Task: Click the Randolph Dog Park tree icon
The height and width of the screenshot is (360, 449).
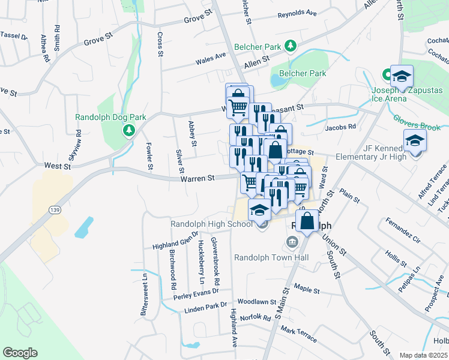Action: [x=128, y=130]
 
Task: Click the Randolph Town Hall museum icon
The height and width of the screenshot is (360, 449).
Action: [x=292, y=242]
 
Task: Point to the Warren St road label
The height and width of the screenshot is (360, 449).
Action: [x=199, y=178]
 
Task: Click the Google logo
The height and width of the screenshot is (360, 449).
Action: [x=20, y=353]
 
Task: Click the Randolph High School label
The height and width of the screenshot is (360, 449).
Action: [x=211, y=224]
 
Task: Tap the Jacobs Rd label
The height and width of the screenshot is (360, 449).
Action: [x=341, y=127]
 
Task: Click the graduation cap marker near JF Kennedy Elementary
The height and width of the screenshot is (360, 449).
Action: [x=415, y=141]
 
